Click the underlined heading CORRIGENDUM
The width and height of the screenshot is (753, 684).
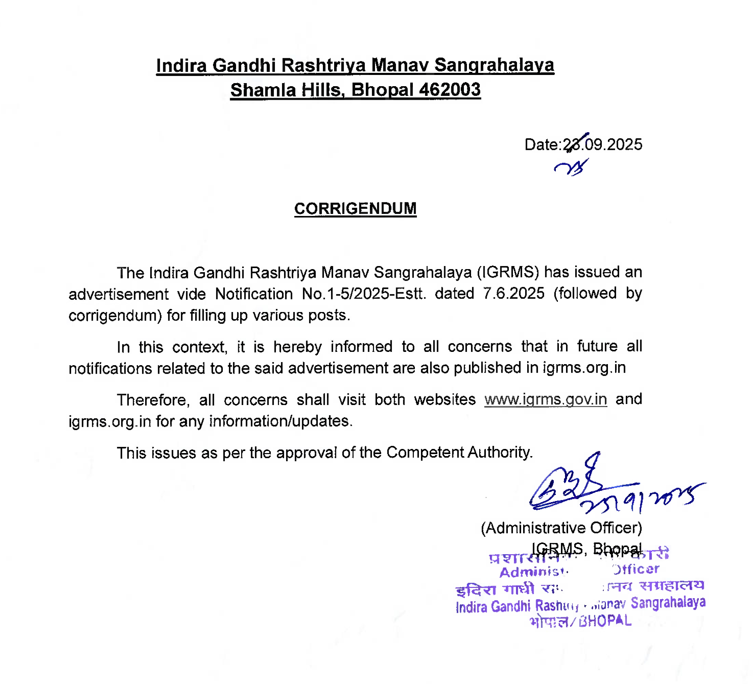[x=355, y=208]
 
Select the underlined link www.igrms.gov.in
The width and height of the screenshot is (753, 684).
[x=545, y=399]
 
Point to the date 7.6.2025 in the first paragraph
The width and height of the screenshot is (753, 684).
[x=514, y=293]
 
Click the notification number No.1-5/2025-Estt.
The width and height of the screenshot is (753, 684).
[x=364, y=294]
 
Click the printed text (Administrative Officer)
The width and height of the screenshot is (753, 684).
[x=561, y=528]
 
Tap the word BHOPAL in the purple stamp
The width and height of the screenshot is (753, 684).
[x=605, y=621]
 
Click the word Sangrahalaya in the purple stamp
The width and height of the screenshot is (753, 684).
[x=668, y=602]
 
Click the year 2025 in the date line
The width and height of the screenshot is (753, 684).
[x=625, y=144]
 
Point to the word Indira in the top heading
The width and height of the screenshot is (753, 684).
[x=182, y=66]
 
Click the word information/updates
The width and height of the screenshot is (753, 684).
[x=281, y=421]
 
